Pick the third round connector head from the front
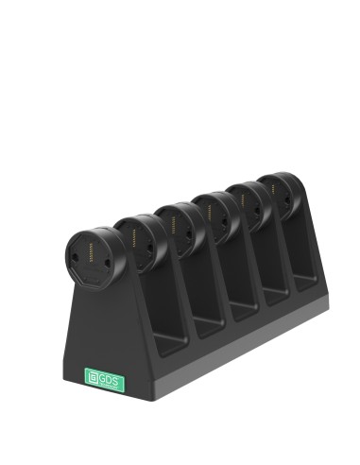pos(178,227)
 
